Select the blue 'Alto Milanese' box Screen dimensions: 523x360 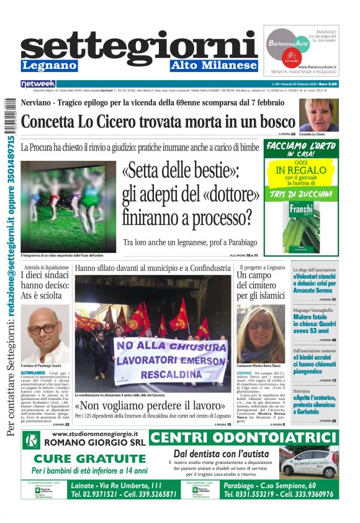tap(214, 65)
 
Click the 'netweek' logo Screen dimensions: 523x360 tap(38, 83)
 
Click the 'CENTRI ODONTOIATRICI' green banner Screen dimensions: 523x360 tap(244, 438)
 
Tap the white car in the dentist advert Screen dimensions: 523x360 tap(308, 463)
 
